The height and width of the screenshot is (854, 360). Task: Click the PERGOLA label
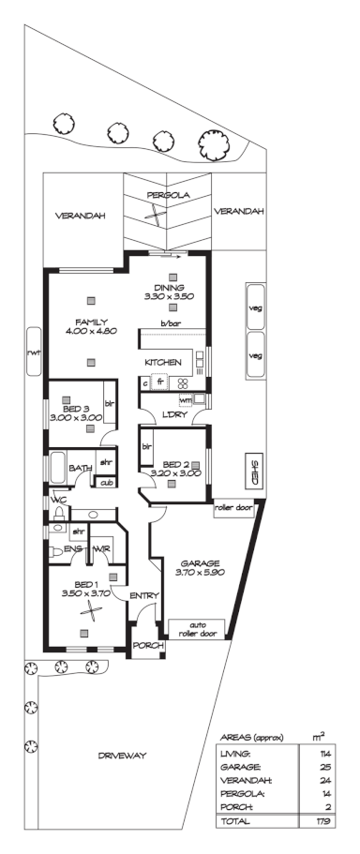169,195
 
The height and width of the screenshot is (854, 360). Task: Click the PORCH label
147,646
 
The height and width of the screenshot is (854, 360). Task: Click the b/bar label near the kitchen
170,324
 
